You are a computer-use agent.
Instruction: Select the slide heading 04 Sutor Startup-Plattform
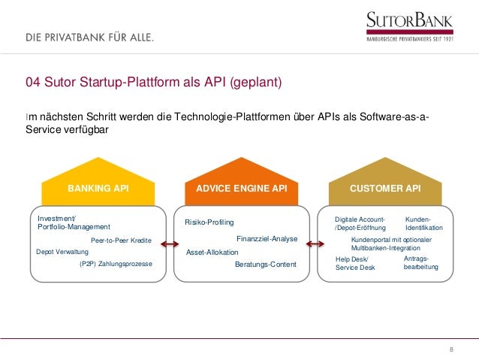(x=153, y=82)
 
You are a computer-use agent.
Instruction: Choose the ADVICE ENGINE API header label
(x=241, y=188)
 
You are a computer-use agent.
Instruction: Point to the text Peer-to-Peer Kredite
(x=121, y=241)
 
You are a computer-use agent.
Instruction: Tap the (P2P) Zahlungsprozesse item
(x=116, y=265)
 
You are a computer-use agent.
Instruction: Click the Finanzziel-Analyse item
(x=267, y=239)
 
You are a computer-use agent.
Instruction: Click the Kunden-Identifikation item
(x=423, y=222)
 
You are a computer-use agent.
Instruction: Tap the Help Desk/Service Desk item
(x=355, y=263)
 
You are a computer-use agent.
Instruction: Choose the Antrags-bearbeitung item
(x=420, y=262)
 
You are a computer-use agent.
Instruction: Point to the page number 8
(x=451, y=350)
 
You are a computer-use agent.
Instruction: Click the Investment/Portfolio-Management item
(x=74, y=222)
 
